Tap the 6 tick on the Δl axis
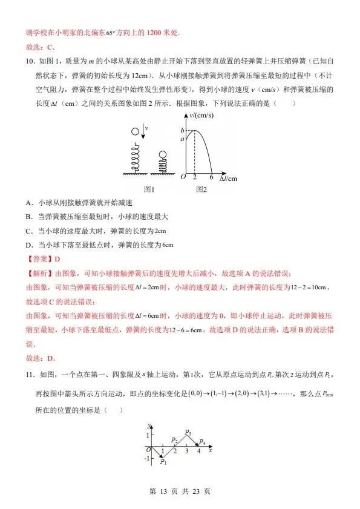click(x=211, y=177)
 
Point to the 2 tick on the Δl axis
click(x=195, y=177)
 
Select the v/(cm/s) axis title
click(x=200, y=116)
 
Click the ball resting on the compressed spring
click(x=162, y=155)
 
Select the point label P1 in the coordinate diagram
click(x=163, y=462)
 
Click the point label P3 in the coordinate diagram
click(x=189, y=433)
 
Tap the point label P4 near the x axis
click(x=203, y=442)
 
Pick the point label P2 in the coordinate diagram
click(x=174, y=440)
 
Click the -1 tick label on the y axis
click(x=146, y=458)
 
